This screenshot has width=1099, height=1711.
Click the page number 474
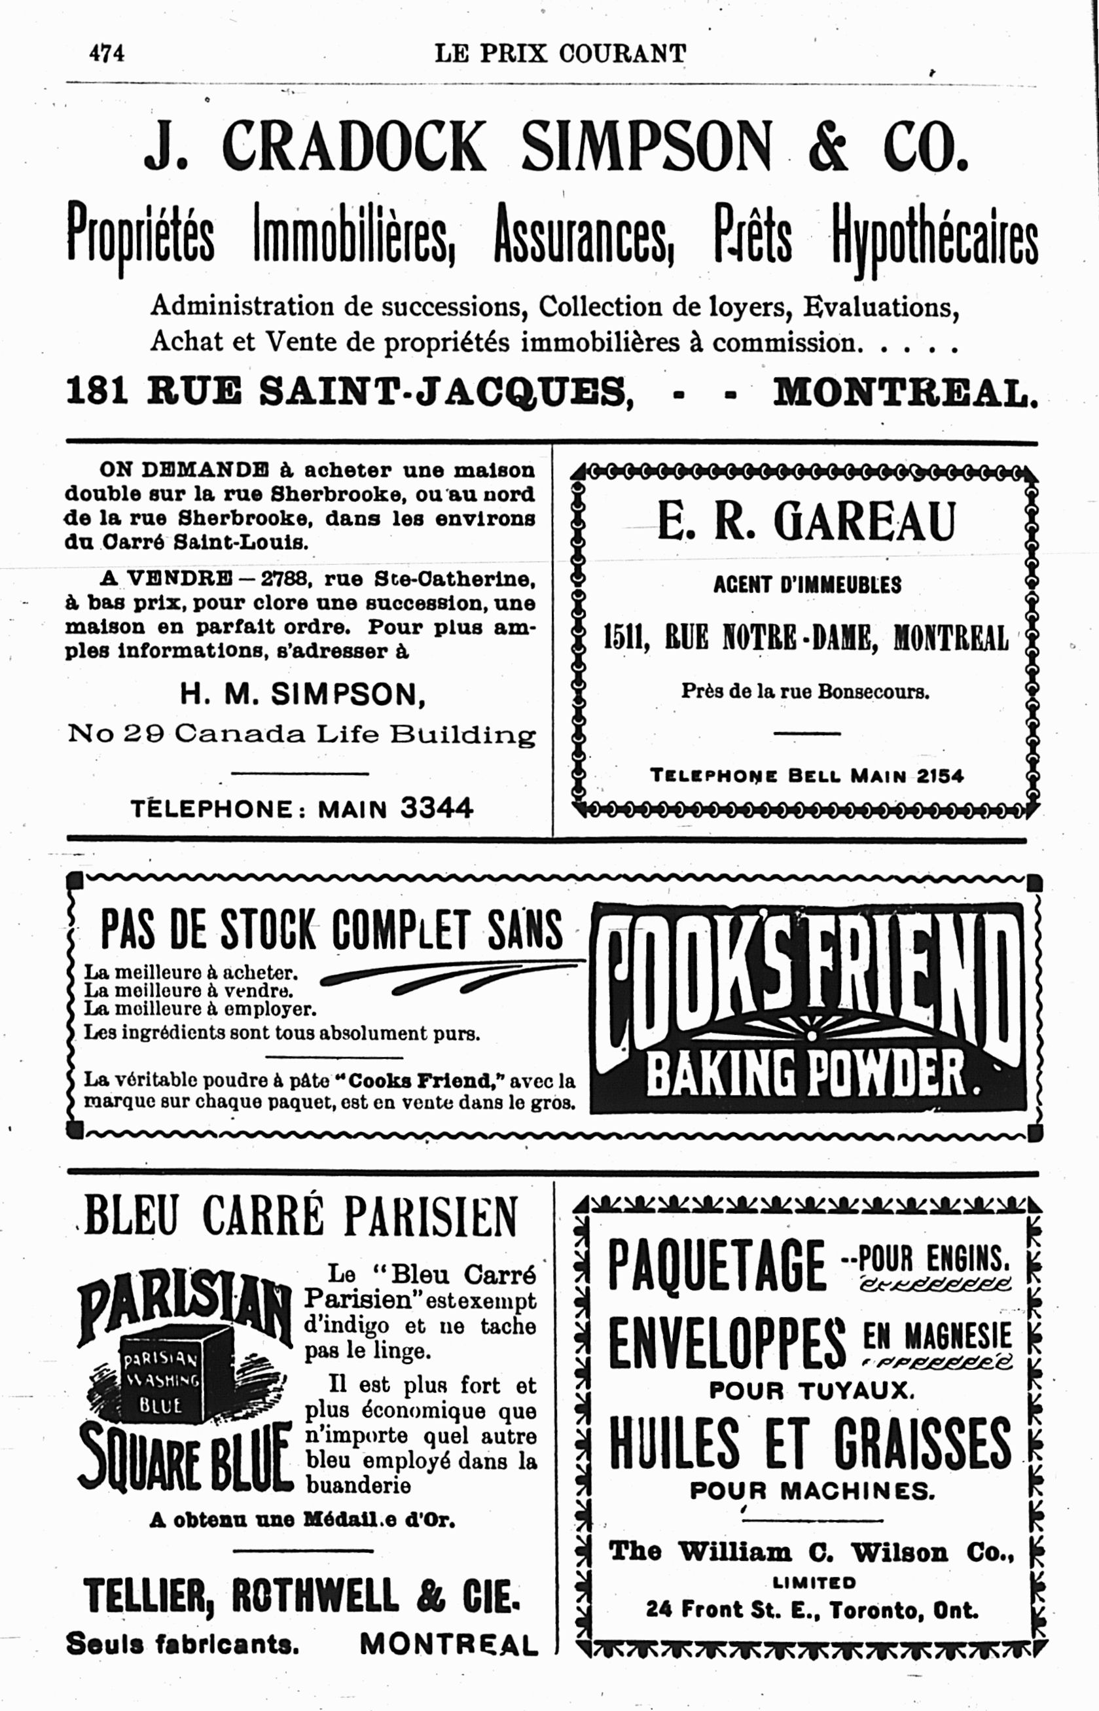(106, 54)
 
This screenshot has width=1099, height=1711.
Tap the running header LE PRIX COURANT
(560, 54)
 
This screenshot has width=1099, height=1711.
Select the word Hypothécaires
(933, 234)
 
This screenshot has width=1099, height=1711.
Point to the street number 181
(96, 391)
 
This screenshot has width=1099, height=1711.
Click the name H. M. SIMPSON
(302, 694)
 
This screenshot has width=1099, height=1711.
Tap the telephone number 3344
(437, 808)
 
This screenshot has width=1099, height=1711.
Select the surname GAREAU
(864, 522)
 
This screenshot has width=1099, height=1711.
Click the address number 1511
(625, 637)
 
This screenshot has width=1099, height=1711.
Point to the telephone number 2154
(940, 776)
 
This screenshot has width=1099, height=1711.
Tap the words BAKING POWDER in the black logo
(806, 1075)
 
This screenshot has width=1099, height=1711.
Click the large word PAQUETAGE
(717, 1266)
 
